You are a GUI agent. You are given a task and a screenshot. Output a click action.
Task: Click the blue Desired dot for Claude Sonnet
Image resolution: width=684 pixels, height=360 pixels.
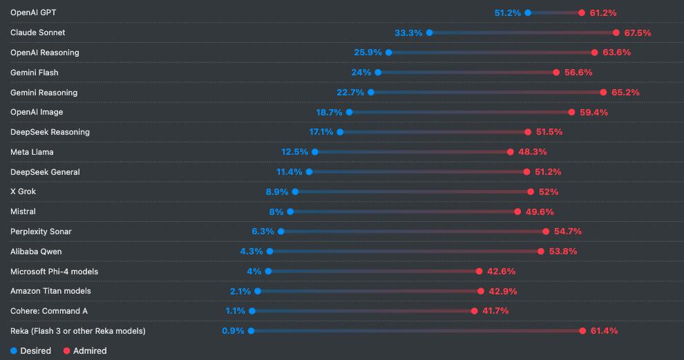[x=429, y=32]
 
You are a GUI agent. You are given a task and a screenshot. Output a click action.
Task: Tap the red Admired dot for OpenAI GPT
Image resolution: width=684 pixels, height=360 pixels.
[x=582, y=12]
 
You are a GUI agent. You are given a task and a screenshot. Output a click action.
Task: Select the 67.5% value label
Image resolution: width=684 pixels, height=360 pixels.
[x=636, y=32]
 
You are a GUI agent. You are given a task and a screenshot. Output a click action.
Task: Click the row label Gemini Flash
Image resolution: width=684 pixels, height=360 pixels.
[x=34, y=73]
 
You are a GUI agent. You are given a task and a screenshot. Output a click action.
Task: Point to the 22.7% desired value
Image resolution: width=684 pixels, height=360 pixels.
[x=350, y=93]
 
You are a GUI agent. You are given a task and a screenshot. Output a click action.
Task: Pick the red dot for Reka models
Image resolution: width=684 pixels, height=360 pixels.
[x=582, y=331]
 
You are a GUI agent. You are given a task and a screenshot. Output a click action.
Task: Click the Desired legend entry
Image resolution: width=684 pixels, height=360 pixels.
[x=31, y=350]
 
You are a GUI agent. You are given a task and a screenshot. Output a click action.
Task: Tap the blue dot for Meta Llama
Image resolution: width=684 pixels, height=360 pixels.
[x=315, y=152]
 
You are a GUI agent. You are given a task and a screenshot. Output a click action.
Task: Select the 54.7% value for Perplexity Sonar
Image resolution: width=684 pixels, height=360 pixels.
[x=567, y=231]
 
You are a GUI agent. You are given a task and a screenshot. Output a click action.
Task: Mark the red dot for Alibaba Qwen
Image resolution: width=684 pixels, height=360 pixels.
[x=541, y=252]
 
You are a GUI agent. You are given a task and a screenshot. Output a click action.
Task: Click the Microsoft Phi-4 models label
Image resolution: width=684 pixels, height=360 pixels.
[x=55, y=272]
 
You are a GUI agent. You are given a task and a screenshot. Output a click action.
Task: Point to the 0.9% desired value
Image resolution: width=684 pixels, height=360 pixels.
[x=233, y=331]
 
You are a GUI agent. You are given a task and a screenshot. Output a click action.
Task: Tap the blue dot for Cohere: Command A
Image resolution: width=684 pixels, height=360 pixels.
[x=252, y=311]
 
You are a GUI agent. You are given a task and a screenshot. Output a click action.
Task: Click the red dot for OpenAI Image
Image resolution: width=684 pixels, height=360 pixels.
[x=571, y=112]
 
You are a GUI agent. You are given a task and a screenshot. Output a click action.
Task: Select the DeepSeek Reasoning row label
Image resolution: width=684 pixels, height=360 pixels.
[x=50, y=132]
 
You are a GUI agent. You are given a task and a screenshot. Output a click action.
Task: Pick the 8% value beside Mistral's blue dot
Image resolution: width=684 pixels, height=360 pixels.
[x=276, y=211]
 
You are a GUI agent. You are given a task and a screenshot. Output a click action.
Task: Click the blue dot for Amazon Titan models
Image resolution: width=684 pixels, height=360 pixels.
[x=258, y=291]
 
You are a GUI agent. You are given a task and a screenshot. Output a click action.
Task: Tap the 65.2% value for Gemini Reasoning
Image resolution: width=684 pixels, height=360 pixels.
[x=625, y=93]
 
